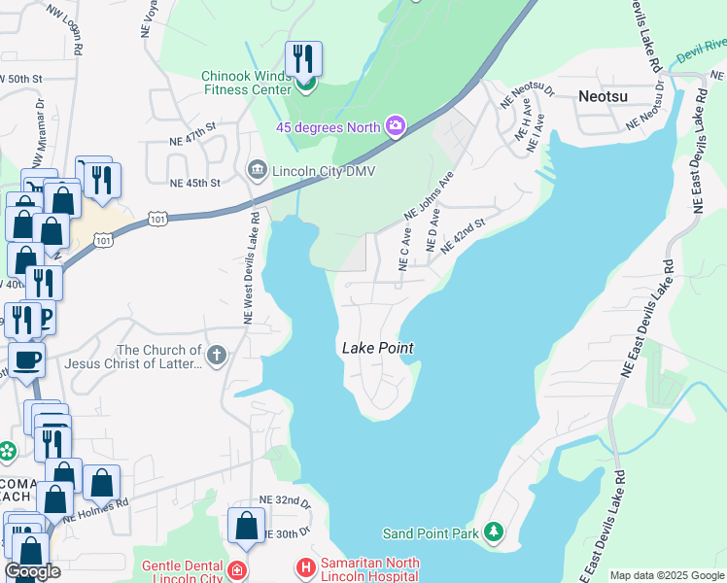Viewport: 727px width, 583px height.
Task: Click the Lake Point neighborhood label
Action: tap(377, 348)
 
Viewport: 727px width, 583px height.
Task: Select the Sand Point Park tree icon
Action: tap(496, 532)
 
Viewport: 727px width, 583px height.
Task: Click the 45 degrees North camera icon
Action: tap(396, 125)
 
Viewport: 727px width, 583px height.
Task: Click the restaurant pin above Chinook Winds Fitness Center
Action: tap(304, 61)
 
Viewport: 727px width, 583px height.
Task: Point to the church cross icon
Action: tap(216, 356)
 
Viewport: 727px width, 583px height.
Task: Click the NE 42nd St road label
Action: tap(463, 237)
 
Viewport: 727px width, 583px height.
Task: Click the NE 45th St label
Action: tap(194, 182)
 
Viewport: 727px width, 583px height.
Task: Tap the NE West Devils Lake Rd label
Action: tap(249, 267)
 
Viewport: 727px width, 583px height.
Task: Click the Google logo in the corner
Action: tap(32, 571)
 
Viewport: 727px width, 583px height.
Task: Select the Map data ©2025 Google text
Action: tap(666, 575)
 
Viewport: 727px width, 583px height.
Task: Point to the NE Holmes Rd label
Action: tap(96, 511)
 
